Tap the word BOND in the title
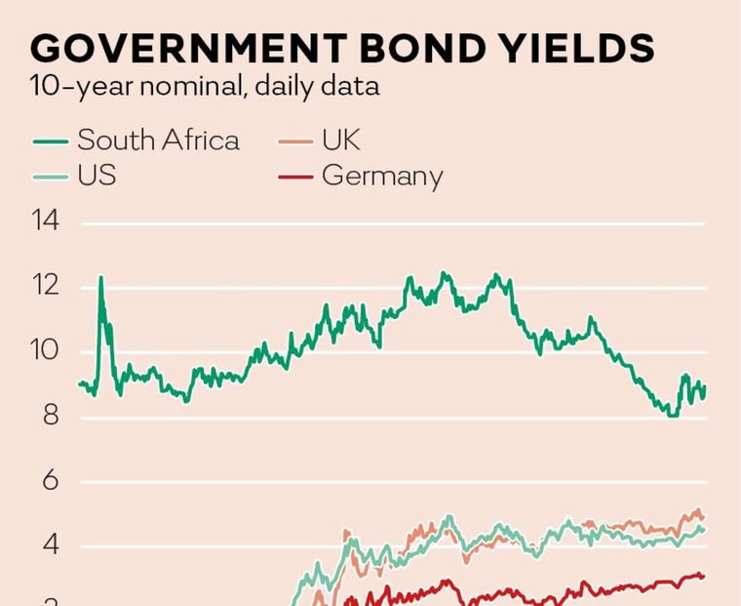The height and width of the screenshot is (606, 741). [425, 48]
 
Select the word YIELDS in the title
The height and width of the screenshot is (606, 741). [576, 48]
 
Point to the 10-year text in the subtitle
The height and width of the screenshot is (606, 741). [80, 88]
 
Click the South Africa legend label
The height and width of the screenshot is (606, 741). [158, 140]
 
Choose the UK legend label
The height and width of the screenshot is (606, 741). [340, 140]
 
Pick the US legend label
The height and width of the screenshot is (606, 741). [97, 175]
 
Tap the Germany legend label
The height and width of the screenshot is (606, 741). [382, 176]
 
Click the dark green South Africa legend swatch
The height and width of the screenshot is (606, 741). [51, 141]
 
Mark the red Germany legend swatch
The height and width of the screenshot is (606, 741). [295, 177]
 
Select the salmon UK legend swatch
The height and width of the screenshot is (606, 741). [295, 141]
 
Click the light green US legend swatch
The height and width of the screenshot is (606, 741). [51, 177]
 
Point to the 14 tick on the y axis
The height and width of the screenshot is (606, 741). [46, 221]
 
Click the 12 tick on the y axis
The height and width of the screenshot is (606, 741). [46, 285]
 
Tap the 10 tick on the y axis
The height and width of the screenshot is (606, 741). [46, 350]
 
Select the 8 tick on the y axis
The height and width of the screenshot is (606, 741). [51, 416]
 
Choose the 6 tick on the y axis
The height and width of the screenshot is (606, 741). [51, 480]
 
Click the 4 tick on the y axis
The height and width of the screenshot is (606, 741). [51, 545]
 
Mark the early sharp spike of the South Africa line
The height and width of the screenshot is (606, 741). [100, 278]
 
